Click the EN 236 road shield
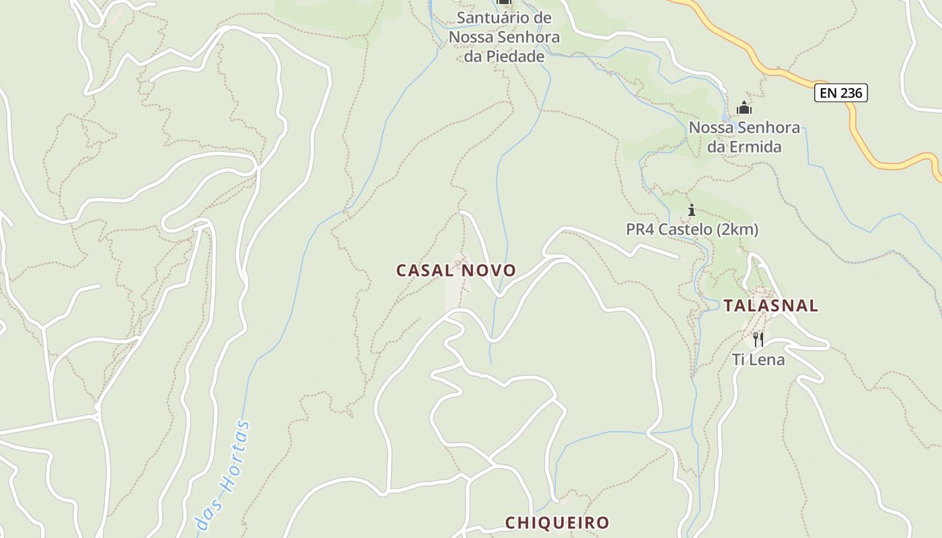click(x=841, y=93)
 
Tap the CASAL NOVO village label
click(x=456, y=270)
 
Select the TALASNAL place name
click(x=771, y=306)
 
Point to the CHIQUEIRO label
click(x=557, y=523)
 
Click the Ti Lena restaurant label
click(x=758, y=360)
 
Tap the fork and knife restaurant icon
click(x=758, y=339)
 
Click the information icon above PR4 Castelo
click(x=691, y=210)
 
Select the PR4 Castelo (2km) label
click(x=692, y=230)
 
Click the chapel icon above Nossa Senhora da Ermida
click(x=744, y=108)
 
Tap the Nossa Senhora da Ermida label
click(x=744, y=137)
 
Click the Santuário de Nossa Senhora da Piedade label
click(x=504, y=37)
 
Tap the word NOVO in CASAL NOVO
click(x=489, y=270)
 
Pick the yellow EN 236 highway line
click(x=767, y=67)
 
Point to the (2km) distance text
click(x=737, y=230)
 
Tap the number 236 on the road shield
click(x=851, y=93)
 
